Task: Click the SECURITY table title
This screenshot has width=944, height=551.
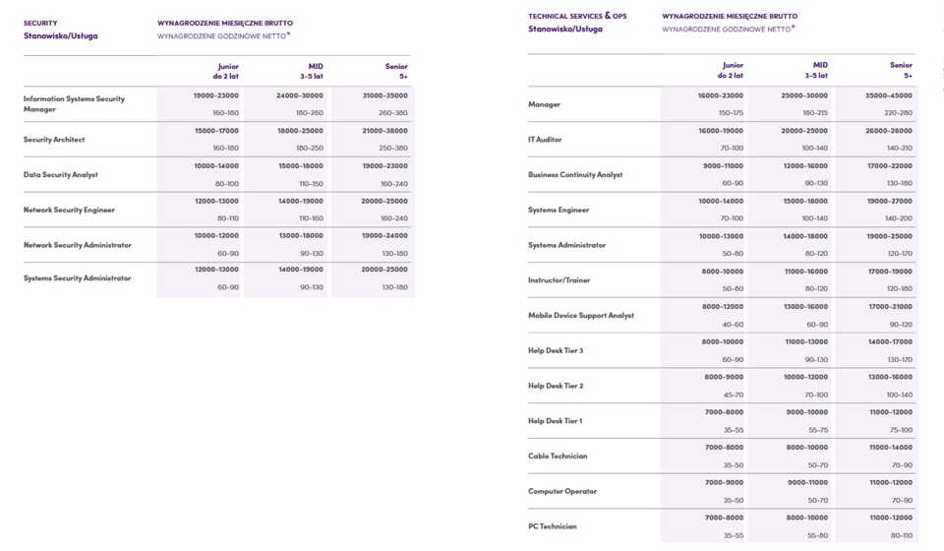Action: [x=40, y=23]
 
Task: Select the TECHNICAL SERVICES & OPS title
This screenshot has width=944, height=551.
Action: [x=577, y=16]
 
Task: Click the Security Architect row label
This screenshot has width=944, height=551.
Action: [x=54, y=140]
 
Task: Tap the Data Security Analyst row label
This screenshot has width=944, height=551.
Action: [x=60, y=174]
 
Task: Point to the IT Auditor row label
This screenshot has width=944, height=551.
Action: [x=545, y=140]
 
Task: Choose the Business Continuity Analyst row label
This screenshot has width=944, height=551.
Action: [x=575, y=174]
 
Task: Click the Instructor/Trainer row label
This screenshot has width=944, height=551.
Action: [x=560, y=280]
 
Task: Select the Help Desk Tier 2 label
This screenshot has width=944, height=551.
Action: [x=556, y=386]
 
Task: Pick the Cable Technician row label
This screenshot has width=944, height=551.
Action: [x=558, y=456]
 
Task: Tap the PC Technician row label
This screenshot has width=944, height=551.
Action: [x=552, y=526]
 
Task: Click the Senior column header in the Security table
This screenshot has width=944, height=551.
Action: [x=396, y=71]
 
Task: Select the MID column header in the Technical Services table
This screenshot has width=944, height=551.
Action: [x=816, y=70]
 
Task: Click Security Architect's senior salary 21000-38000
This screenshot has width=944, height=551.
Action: [x=384, y=131]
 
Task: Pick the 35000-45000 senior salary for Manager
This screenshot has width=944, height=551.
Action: [x=890, y=95]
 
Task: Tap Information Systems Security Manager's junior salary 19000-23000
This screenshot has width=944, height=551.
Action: [x=216, y=95]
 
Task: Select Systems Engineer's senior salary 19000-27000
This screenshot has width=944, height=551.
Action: [x=890, y=201]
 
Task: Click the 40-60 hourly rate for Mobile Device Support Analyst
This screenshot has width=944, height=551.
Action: [x=733, y=325]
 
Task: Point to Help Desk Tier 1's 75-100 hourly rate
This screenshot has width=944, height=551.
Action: [x=902, y=430]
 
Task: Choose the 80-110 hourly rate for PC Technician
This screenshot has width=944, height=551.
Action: [x=902, y=535]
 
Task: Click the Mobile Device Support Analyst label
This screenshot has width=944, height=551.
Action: [x=581, y=315]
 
